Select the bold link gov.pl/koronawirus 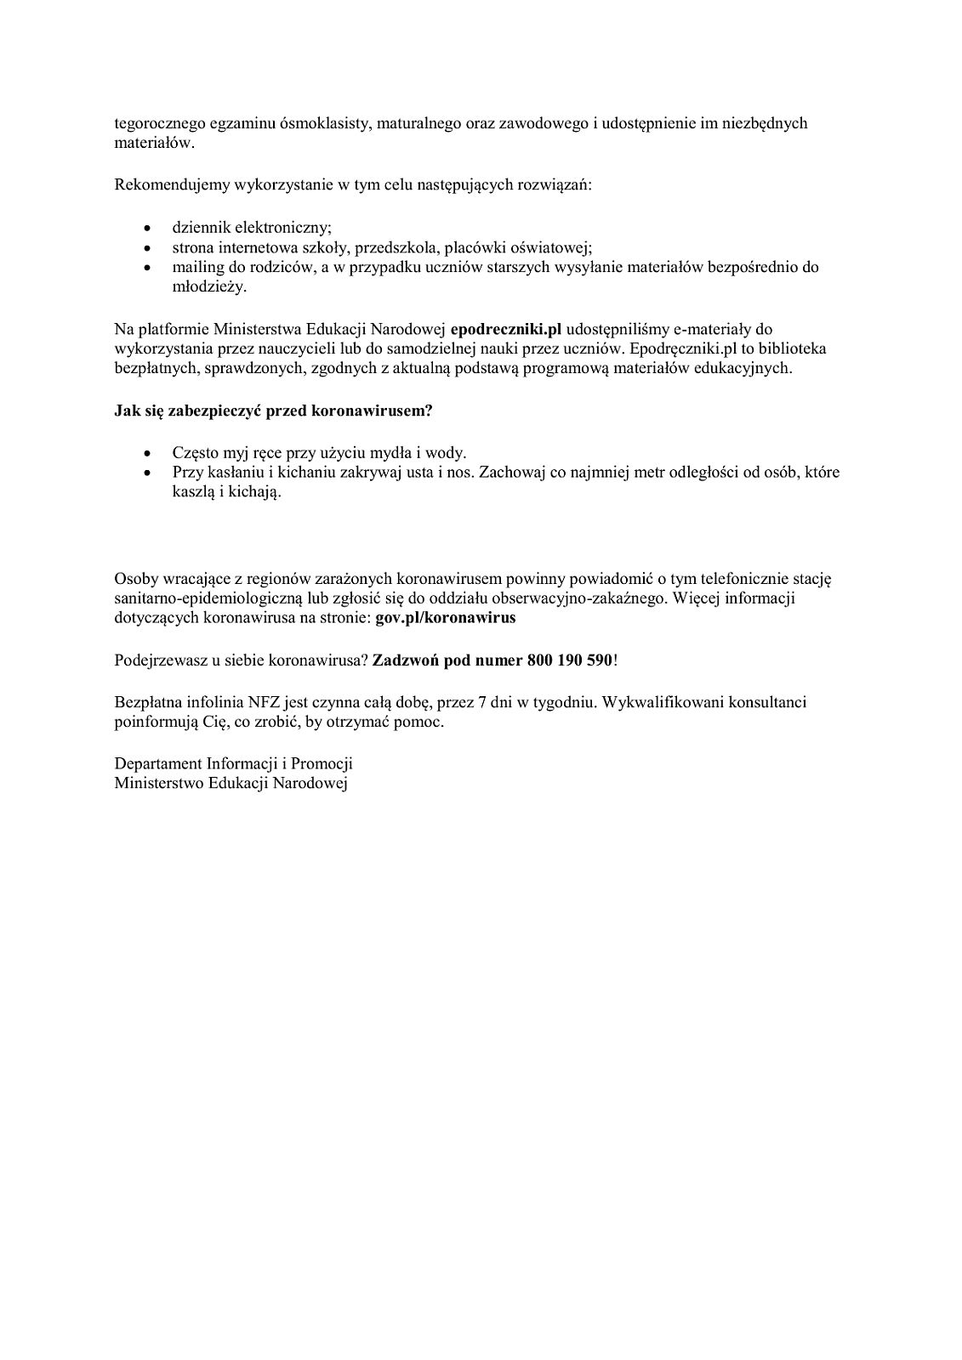[446, 619]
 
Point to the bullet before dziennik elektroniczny [150, 229]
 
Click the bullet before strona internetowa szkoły [150, 248]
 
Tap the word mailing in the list [196, 267]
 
